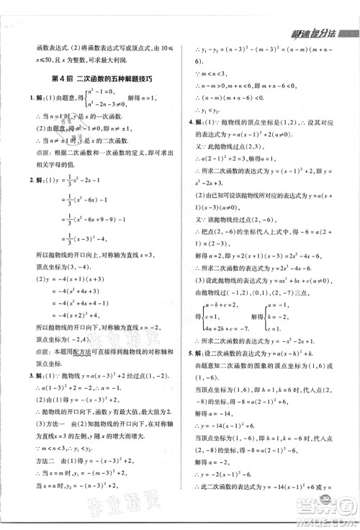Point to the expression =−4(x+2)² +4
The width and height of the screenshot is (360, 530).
tap(84, 314)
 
